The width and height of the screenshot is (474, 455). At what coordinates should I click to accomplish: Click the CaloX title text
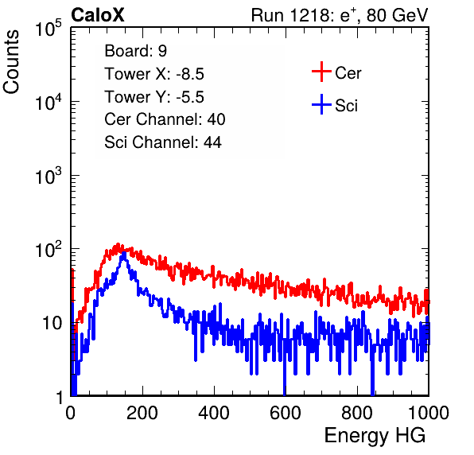[x=97, y=15]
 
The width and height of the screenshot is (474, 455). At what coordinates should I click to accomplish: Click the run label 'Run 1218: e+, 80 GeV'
[x=340, y=15]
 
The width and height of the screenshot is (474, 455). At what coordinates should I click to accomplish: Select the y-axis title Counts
[x=11, y=62]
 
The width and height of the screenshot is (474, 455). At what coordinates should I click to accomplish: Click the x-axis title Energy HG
[x=375, y=436]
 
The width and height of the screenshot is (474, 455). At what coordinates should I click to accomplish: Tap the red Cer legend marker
[x=321, y=72]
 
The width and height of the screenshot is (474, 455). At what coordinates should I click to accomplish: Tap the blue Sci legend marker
[x=321, y=104]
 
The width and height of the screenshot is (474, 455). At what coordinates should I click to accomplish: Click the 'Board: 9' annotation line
[x=135, y=51]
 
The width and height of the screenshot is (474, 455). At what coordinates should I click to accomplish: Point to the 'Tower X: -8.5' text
[x=154, y=74]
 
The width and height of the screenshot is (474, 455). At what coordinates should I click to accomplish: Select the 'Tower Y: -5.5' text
[x=154, y=97]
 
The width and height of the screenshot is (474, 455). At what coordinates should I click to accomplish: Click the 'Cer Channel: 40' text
[x=165, y=119]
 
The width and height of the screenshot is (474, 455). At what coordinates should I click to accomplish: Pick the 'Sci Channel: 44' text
[x=163, y=142]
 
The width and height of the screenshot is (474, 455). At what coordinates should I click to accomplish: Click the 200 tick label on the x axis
[x=142, y=413]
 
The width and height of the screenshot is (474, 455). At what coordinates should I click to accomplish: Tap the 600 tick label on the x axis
[x=286, y=413]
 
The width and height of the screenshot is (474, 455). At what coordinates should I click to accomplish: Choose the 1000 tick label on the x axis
[x=429, y=413]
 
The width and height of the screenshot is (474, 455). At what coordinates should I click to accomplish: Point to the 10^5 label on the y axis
[x=49, y=28]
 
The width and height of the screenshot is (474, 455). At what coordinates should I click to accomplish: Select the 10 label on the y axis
[x=52, y=323]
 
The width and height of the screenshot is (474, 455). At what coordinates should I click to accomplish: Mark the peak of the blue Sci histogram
[x=123, y=253]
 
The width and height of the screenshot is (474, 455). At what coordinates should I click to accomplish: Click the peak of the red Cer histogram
[x=118, y=244]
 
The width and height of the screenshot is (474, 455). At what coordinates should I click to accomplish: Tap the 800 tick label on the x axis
[x=357, y=413]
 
